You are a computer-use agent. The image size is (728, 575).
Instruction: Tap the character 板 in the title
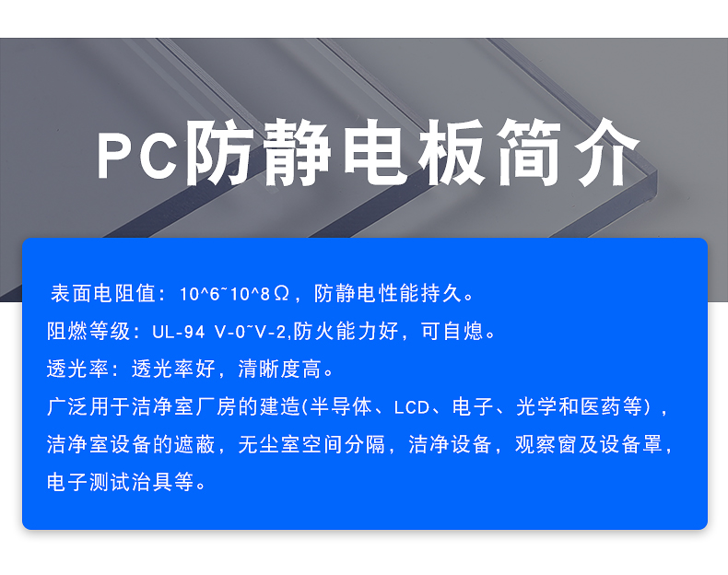[x=451, y=152]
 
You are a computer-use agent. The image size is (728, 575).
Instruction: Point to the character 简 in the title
[x=529, y=152]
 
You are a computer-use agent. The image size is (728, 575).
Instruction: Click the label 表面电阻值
[x=103, y=293]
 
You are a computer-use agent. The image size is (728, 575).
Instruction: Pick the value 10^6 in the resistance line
[x=199, y=294]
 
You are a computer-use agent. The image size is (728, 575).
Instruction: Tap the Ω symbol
[x=282, y=294]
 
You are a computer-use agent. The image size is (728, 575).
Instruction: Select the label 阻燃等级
[x=88, y=332]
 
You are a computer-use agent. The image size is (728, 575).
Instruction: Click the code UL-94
[x=179, y=332]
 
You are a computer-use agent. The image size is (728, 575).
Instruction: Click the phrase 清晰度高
[x=279, y=370]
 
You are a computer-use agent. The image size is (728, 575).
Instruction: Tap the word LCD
[x=411, y=407]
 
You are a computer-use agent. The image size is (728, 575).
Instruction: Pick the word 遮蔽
[x=194, y=444]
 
